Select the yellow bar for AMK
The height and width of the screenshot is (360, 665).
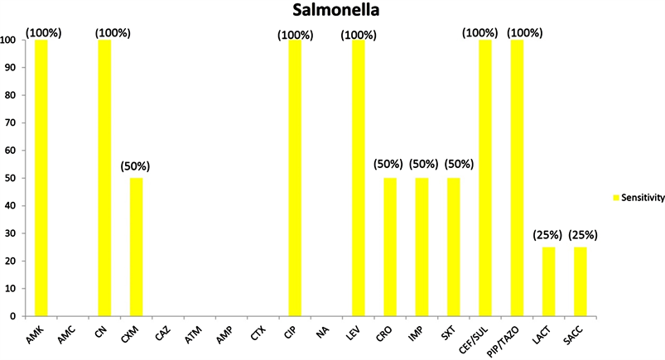(41, 177)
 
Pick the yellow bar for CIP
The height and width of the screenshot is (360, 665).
(294, 177)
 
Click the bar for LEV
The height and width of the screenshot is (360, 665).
(358, 177)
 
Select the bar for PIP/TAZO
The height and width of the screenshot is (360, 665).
(517, 177)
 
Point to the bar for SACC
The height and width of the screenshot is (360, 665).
(581, 281)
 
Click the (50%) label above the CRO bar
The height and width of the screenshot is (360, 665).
(390, 165)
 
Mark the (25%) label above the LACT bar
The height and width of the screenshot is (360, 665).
(549, 234)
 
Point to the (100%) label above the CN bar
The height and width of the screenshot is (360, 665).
(113, 32)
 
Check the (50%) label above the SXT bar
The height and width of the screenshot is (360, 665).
(454, 165)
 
